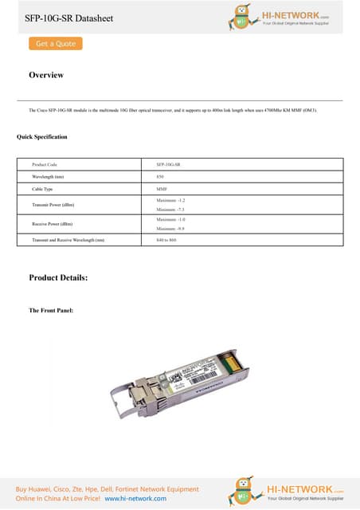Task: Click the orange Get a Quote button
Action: click(55, 44)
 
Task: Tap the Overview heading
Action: click(46, 75)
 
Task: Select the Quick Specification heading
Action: click(42, 137)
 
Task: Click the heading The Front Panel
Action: click(51, 310)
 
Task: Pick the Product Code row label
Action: click(45, 164)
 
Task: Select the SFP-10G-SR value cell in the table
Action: click(168, 164)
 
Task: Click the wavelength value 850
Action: click(160, 176)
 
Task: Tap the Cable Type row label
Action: click(43, 189)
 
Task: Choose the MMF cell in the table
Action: click(162, 189)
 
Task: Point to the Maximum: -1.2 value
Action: click(171, 200)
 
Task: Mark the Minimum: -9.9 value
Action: click(171, 228)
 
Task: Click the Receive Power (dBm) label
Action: click(52, 224)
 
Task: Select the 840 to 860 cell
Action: click(166, 239)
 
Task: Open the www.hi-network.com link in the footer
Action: click(135, 498)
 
